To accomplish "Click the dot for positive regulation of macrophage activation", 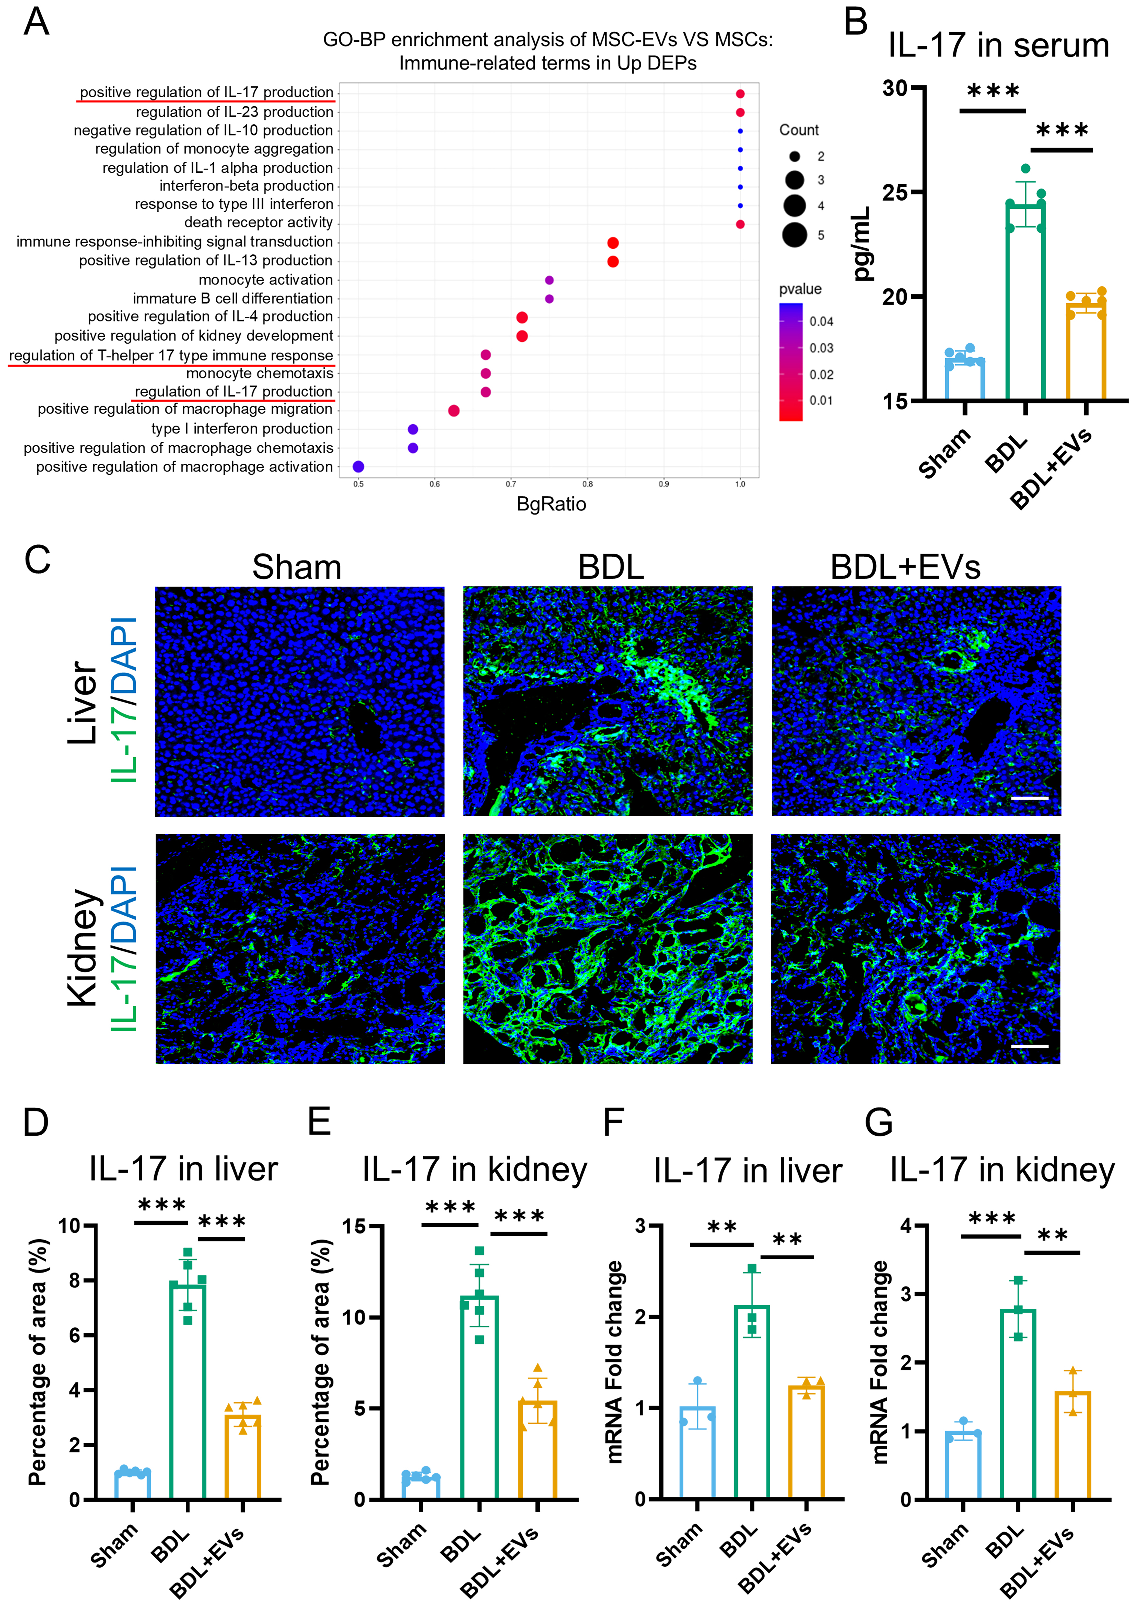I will tap(358, 466).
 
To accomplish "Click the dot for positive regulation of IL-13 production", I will tap(613, 261).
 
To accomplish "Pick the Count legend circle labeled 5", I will tap(795, 235).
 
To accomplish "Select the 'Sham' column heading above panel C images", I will tap(296, 567).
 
